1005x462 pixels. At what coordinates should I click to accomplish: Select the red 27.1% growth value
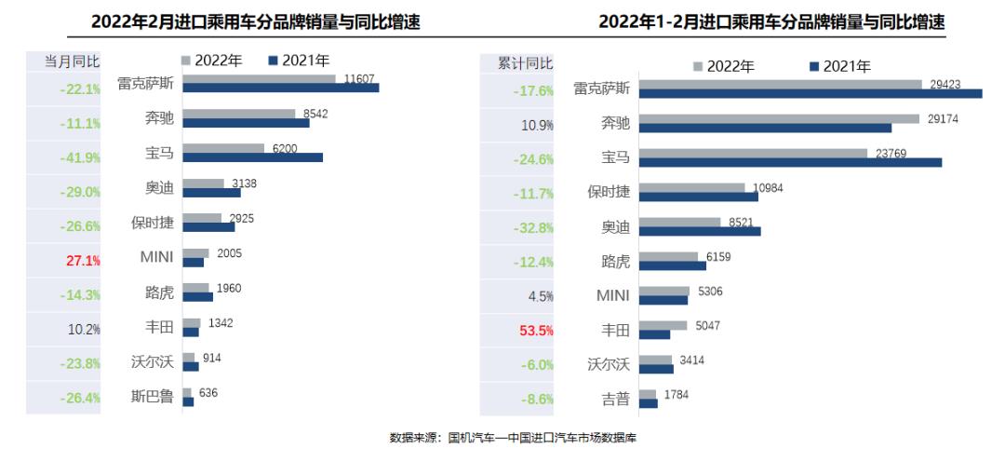[x=83, y=260]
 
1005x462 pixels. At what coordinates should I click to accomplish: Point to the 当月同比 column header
[x=73, y=61]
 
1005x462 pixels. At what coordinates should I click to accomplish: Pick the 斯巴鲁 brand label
[x=153, y=397]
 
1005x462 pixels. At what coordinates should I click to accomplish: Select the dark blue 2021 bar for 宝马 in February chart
[x=252, y=156]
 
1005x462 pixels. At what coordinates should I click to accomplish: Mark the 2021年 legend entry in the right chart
[x=840, y=65]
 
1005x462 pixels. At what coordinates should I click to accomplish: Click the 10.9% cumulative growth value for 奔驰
[x=537, y=125]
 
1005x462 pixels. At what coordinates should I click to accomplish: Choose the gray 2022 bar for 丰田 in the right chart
[x=663, y=326]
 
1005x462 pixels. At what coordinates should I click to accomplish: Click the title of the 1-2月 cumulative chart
[x=771, y=21]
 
